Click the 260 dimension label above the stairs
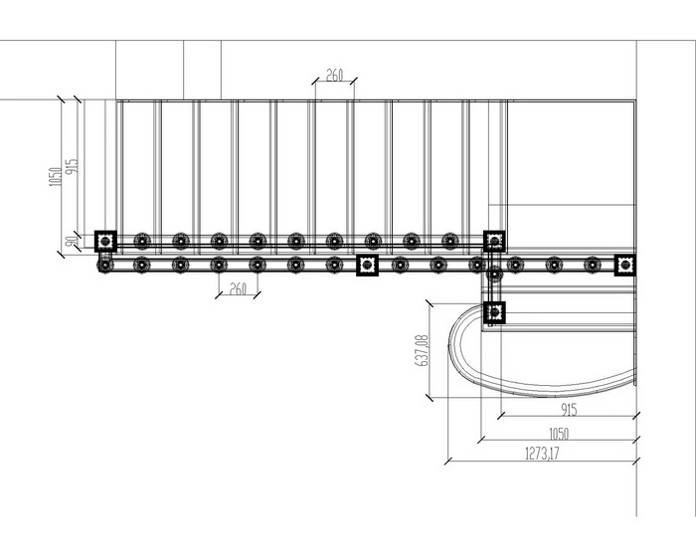[335, 75]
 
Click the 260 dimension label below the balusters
[238, 289]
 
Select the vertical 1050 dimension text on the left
[55, 177]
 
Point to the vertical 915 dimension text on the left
[72, 166]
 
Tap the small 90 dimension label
[71, 242]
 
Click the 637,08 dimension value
[423, 350]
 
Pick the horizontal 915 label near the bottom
[569, 410]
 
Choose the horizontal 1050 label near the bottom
[559, 434]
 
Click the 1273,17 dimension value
[542, 454]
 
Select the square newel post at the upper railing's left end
[105, 241]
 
